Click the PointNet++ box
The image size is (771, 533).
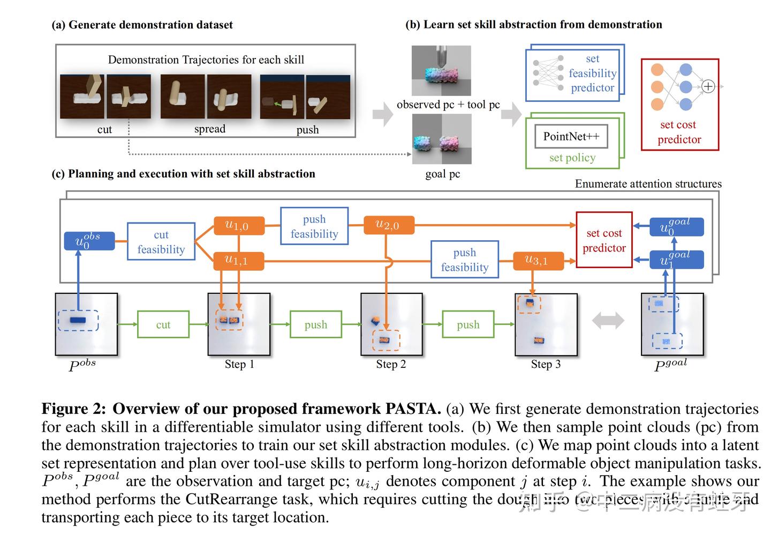tap(571, 137)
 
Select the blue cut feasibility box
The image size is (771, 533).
tap(161, 242)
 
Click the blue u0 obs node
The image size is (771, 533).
tap(89, 241)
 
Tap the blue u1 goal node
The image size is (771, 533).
tap(676, 260)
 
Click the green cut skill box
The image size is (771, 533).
tap(163, 324)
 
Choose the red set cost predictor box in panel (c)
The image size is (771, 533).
tap(604, 240)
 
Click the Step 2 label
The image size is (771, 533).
tap(391, 365)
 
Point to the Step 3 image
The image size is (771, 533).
tap(546, 324)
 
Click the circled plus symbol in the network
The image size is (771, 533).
tap(708, 86)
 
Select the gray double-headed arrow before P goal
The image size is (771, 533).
tap(608, 321)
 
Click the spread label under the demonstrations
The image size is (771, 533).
tap(209, 129)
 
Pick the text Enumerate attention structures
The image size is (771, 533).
tap(648, 184)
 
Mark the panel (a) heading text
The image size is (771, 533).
tap(142, 25)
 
